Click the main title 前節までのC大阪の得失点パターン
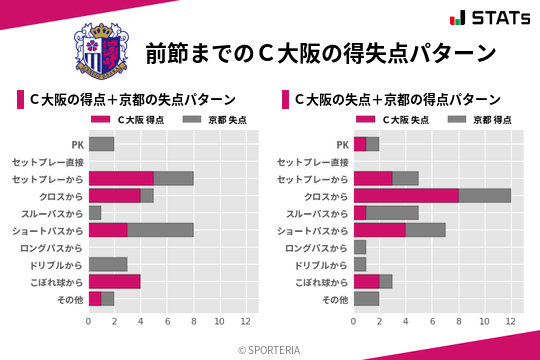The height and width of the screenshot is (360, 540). [x=320, y=52]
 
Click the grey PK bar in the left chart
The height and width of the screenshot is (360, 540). [x=101, y=144]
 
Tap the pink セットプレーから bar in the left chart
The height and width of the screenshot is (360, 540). [x=121, y=178]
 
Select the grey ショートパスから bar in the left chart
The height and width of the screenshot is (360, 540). [x=160, y=229]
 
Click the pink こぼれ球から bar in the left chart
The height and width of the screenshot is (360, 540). [x=114, y=281]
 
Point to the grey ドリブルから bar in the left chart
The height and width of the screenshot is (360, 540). [x=108, y=264]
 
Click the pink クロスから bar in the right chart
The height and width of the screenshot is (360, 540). [x=406, y=196]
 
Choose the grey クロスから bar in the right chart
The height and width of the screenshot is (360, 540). [x=484, y=196]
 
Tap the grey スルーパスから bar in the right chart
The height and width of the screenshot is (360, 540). [x=392, y=213]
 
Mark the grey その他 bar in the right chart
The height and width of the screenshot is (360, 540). [x=366, y=298]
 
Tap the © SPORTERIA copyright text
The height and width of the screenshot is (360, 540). [x=270, y=349]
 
